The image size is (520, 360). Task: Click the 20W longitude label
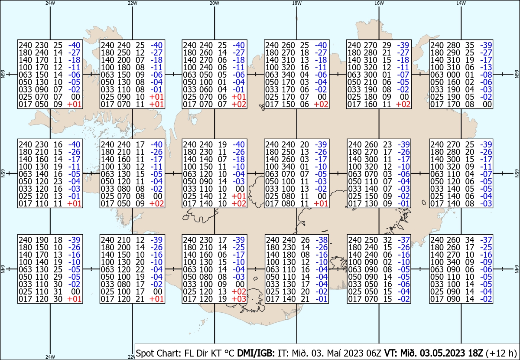coord(214,3)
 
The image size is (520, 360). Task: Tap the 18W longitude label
coord(297,3)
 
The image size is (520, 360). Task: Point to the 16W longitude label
coord(379,3)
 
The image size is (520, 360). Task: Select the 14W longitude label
coord(461,3)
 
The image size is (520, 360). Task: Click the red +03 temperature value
coord(239,299)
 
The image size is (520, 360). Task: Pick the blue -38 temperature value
coord(322,240)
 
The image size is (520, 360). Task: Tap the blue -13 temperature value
coord(486,67)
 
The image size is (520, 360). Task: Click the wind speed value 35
coord(470,45)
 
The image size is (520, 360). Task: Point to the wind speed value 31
coord(58,291)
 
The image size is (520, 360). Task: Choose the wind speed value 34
coord(470,240)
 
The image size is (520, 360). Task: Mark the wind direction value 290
coord(453,53)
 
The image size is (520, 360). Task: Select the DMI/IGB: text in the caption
coord(256,353)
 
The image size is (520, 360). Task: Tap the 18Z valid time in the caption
coord(475,353)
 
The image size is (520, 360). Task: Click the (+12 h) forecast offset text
coord(501,353)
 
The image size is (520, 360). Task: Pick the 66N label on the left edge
coord(3,74)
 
